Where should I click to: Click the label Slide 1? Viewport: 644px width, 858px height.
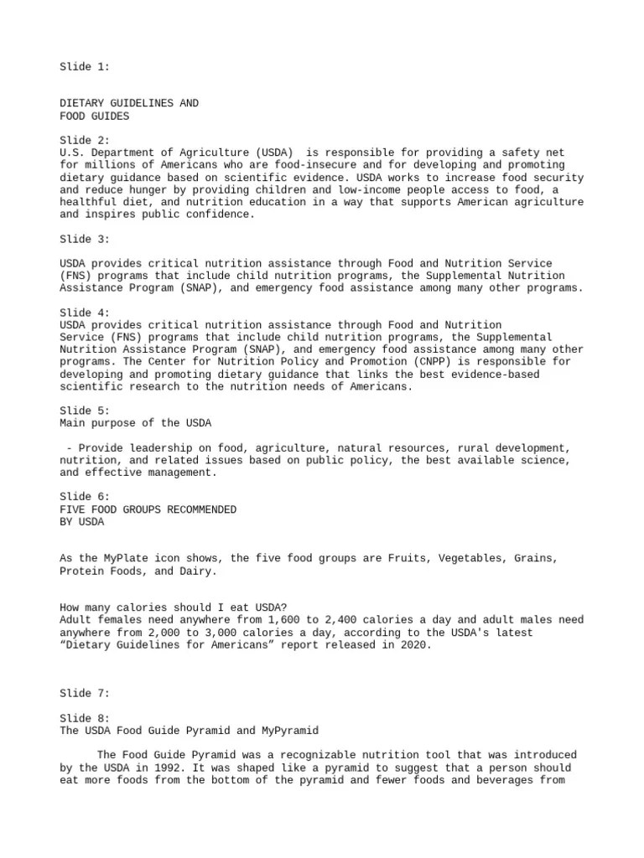[85, 66]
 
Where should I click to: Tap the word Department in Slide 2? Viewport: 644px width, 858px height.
[122, 152]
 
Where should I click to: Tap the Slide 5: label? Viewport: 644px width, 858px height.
[85, 411]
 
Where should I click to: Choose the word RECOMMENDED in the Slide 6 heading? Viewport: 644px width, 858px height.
[195, 509]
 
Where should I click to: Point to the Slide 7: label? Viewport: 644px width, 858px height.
[85, 694]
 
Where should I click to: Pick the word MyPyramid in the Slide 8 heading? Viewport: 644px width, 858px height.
[288, 731]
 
